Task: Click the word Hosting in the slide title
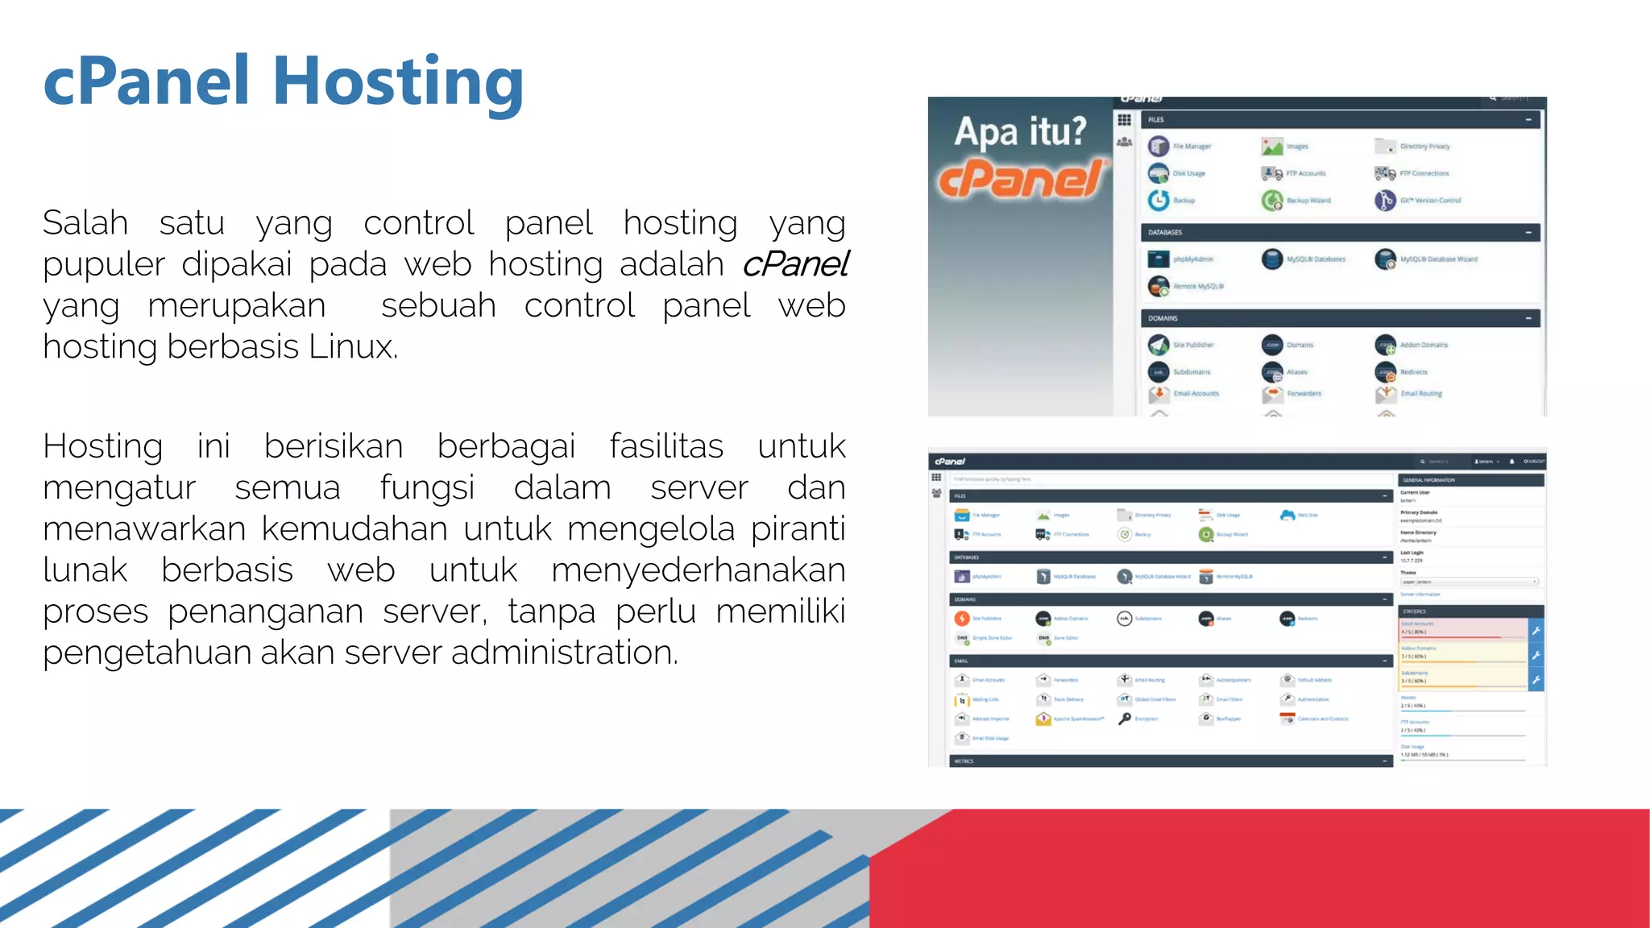tap(398, 82)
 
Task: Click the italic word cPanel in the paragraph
tap(794, 264)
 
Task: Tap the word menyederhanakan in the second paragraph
tap(698, 570)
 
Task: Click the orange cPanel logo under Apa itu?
tap(1021, 178)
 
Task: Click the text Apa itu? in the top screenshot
tap(1020, 131)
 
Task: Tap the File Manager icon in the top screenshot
tap(1159, 147)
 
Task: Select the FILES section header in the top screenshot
tap(1156, 119)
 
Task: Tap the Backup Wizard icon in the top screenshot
tap(1272, 201)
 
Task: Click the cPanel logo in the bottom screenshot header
tap(950, 462)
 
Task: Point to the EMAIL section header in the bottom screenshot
tap(961, 661)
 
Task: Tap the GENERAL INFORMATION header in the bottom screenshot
tap(1428, 479)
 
